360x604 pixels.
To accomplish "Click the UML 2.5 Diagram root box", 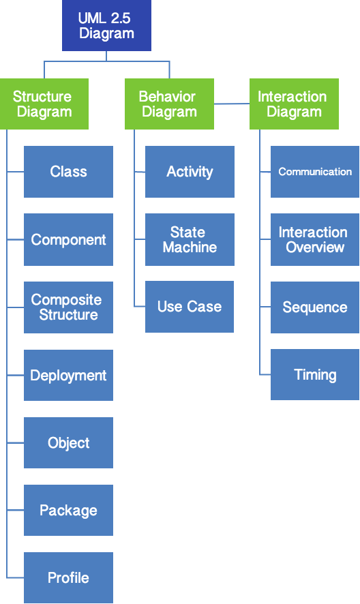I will click(106, 25).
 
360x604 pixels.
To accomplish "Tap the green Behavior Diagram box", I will click(169, 104).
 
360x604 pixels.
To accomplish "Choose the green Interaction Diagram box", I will click(294, 104).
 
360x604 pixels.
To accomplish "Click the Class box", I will click(68, 172).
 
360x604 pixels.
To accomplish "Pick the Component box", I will click(68, 239).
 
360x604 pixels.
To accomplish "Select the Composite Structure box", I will click(68, 307).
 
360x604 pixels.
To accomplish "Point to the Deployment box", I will click(68, 375).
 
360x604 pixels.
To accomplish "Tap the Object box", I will click(68, 442).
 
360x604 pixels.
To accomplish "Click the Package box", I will click(68, 510).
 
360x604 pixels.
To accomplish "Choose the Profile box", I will click(68, 577).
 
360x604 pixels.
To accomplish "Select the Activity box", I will click(190, 172).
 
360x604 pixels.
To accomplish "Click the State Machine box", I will click(190, 239).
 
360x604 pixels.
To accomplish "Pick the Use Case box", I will click(190, 307).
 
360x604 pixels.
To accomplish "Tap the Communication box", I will click(315, 172).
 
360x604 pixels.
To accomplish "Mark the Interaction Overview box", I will click(315, 239).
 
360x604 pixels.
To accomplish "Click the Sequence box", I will click(315, 307).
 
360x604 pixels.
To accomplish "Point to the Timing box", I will click(315, 374).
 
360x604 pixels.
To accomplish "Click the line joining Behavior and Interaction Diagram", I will click(232, 104).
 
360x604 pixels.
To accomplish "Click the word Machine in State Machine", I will click(190, 247).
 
